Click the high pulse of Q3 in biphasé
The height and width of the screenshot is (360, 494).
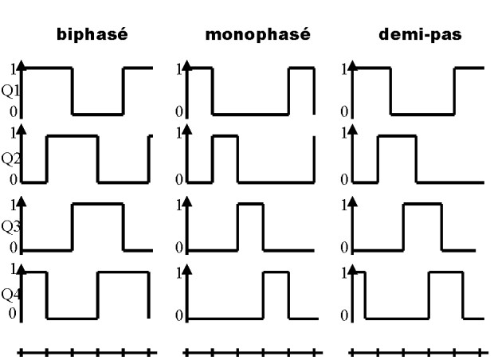98,205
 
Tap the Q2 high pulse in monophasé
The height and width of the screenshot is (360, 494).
225,136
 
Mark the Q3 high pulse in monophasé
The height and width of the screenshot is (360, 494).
251,205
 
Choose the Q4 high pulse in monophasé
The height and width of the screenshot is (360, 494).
276,273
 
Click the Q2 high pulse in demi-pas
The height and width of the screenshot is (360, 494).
396,136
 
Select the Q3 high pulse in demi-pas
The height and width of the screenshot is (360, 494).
422,205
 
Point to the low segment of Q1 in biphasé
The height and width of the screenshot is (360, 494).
98,114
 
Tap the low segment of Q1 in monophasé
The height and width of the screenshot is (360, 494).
251,114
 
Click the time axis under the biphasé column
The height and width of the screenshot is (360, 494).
87,350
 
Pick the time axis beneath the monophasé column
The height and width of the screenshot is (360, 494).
251,350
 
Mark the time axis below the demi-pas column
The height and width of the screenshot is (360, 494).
416,350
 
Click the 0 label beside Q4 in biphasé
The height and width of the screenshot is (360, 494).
12,313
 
